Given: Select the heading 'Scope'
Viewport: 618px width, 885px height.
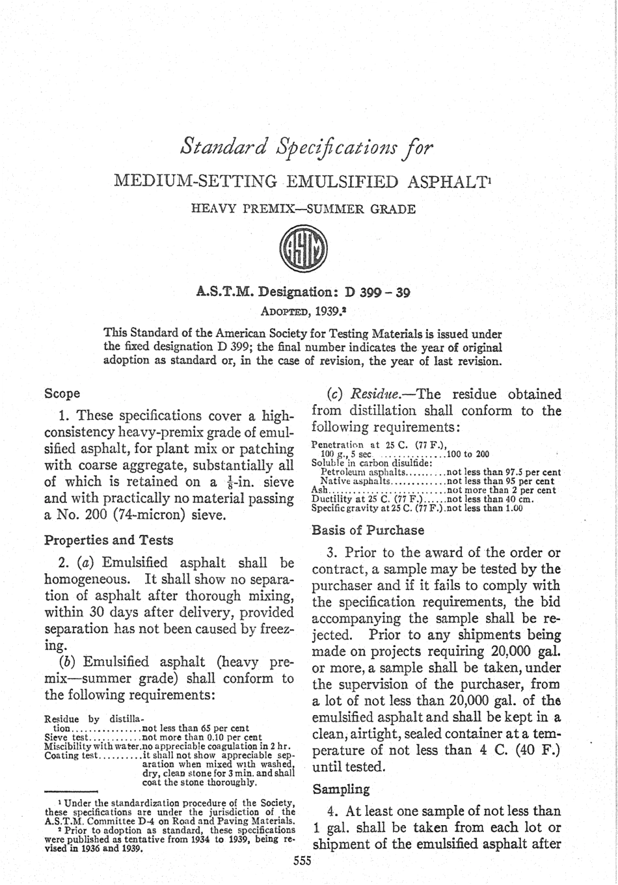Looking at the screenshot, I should point(62,394).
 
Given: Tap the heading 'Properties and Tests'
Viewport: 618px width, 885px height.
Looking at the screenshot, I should point(108,540).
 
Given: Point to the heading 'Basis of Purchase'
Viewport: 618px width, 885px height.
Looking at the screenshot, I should point(368,530).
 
